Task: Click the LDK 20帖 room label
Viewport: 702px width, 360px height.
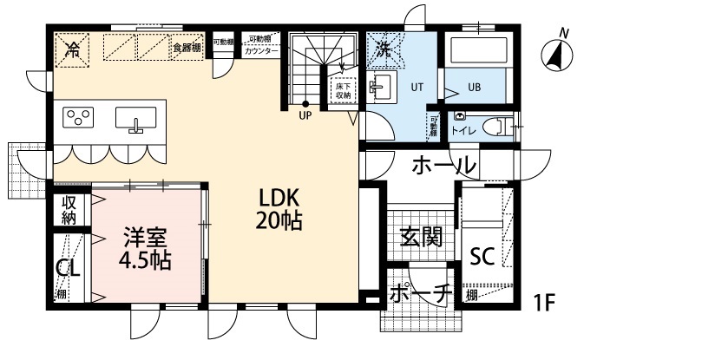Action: click(279, 209)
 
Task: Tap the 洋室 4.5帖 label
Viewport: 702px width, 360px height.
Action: click(144, 246)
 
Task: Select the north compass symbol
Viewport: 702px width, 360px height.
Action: click(558, 55)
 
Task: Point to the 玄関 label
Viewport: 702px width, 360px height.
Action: click(421, 237)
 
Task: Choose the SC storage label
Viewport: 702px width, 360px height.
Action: click(482, 256)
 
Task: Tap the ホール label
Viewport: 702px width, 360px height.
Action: click(443, 165)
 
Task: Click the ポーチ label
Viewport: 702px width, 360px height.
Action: click(420, 296)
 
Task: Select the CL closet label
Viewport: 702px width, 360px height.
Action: click(68, 269)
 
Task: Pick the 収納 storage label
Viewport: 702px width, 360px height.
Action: click(69, 210)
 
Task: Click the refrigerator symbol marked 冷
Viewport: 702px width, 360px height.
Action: click(74, 49)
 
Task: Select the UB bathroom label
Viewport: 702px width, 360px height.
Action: click(475, 88)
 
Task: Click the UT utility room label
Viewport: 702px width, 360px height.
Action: click(417, 87)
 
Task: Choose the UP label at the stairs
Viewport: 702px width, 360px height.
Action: click(305, 115)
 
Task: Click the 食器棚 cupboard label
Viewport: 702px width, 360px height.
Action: click(187, 48)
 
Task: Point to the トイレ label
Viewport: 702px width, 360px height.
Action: click(462, 131)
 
